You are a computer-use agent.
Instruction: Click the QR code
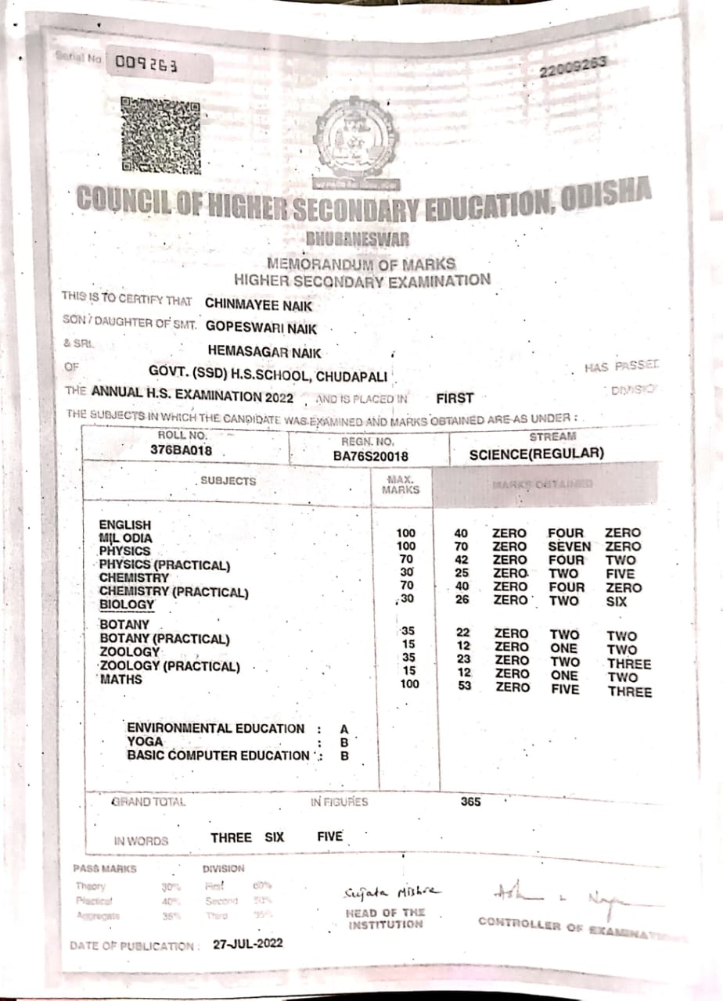tap(160, 135)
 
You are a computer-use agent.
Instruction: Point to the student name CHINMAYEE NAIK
tap(258, 306)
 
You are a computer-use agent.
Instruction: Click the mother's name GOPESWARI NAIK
tap(261, 329)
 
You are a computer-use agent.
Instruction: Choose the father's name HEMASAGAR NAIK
tap(264, 353)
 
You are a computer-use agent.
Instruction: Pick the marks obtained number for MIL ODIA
tap(461, 547)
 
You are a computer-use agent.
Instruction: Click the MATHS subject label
tap(121, 680)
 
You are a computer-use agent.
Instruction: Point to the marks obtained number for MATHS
tap(465, 686)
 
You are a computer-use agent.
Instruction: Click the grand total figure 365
tap(471, 802)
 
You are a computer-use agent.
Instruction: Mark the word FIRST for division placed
tap(455, 398)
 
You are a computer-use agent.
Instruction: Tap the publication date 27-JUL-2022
tap(248, 943)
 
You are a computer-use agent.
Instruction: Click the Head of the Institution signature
tap(391, 893)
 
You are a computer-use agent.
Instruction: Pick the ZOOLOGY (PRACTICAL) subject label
tap(170, 666)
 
